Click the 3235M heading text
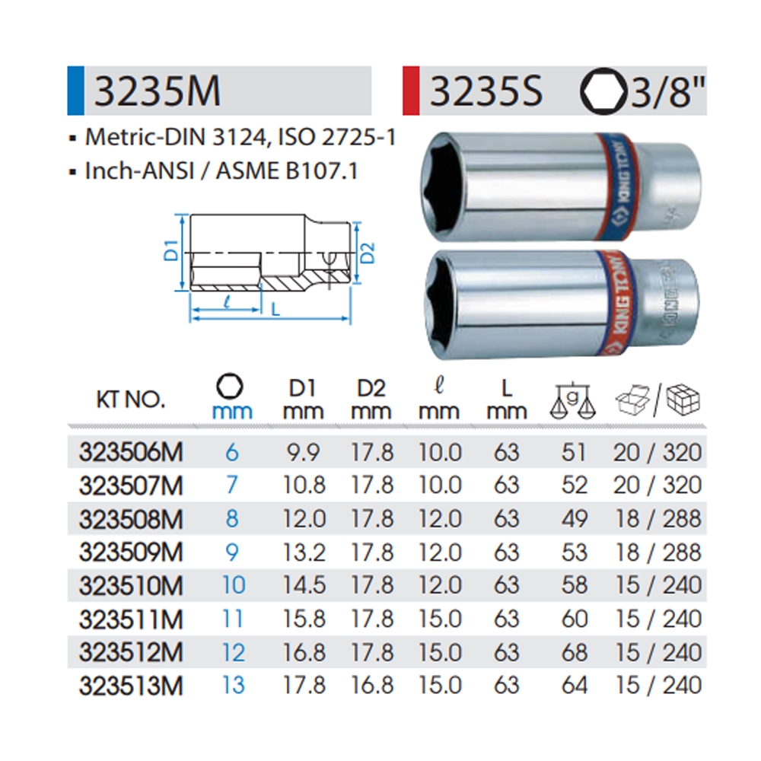coord(158,91)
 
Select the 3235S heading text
coord(486,91)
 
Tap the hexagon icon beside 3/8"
coord(603,91)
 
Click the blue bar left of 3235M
coord(75,91)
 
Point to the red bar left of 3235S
coord(411,91)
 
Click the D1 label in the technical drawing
coord(172,251)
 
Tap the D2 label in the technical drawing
coord(369,253)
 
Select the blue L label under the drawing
coord(275,310)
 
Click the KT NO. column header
coord(131,400)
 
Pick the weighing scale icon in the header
coord(573,402)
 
